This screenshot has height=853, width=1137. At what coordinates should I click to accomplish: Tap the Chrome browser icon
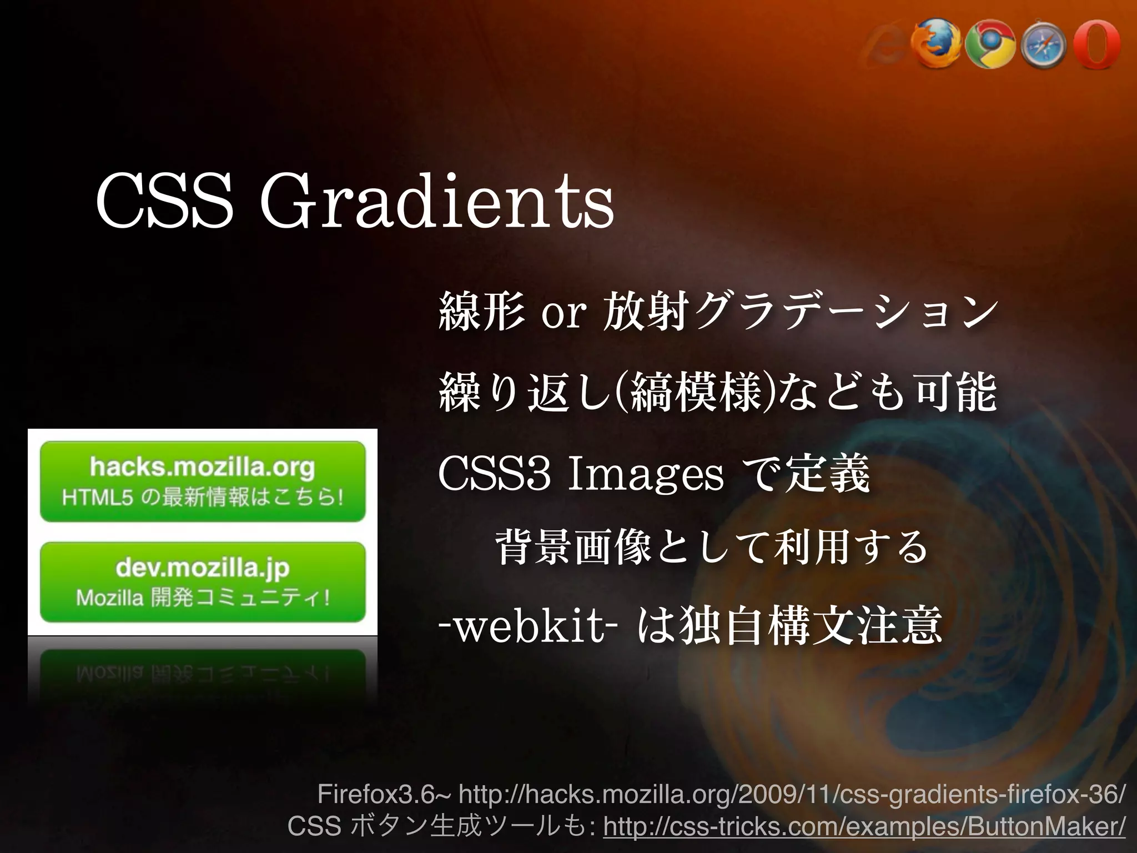tap(990, 44)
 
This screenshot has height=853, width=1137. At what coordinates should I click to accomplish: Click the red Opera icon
tap(1097, 44)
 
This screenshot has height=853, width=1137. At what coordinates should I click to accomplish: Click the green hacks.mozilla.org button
tap(203, 481)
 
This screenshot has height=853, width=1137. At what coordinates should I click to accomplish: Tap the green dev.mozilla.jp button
tap(203, 582)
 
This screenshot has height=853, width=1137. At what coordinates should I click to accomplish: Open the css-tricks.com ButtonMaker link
tap(864, 827)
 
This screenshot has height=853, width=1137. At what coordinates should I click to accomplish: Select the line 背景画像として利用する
tap(711, 548)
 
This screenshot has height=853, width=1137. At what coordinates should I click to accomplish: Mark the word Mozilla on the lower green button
tap(109, 598)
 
